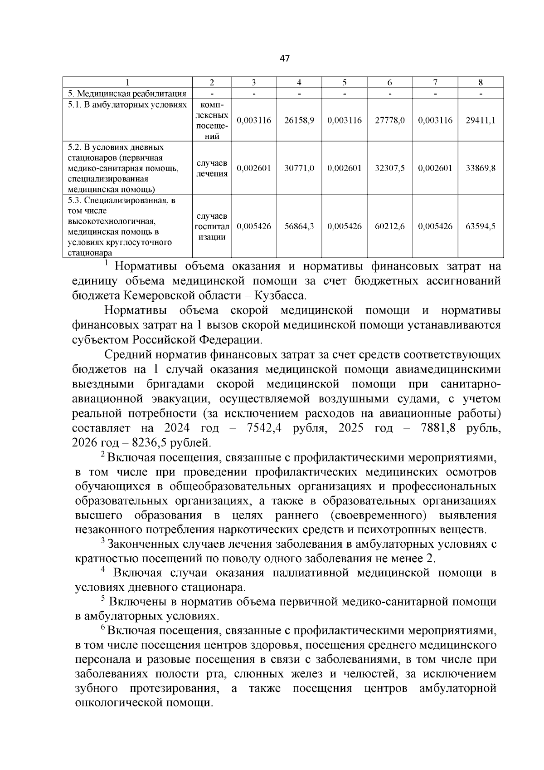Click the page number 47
point(285,59)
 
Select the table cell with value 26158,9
point(299,121)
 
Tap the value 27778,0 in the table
point(390,121)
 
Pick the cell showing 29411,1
point(481,121)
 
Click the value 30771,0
point(299,168)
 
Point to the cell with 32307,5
point(390,168)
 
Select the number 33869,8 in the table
point(481,168)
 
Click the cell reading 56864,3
point(299,226)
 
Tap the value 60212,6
point(390,226)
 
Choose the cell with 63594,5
point(481,226)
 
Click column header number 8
point(481,83)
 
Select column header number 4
point(299,83)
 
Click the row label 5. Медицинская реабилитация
point(127,94)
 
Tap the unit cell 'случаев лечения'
point(212,168)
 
